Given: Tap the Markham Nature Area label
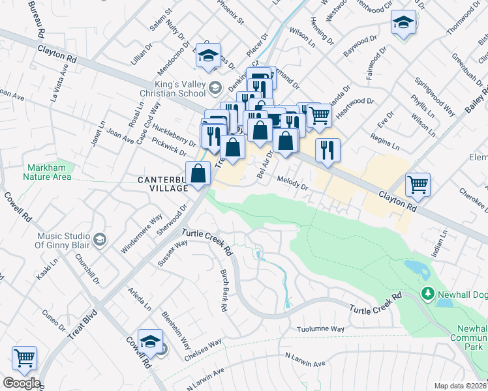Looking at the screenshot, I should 48,171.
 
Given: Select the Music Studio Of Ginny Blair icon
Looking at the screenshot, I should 99,240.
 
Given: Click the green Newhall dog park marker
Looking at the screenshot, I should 427,294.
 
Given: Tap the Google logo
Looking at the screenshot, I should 21,383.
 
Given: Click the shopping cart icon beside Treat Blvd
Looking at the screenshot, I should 24,357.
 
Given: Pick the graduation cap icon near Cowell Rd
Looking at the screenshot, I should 150,341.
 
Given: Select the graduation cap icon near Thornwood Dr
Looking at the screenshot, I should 404,23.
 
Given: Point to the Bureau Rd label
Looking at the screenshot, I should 35,17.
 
